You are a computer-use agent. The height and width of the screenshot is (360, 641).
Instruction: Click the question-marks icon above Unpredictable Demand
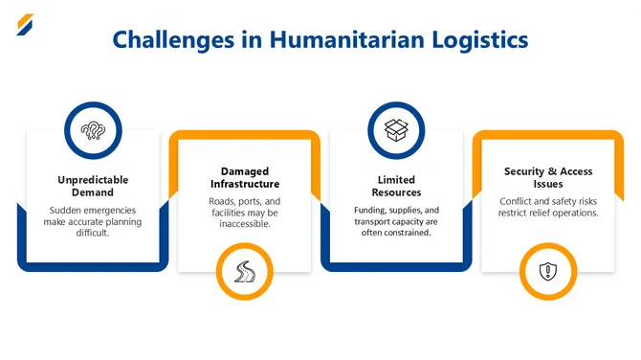[93, 131]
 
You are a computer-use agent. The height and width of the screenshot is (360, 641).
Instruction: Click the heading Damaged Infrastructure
[245, 176]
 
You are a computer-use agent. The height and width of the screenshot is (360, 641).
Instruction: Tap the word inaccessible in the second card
[245, 226]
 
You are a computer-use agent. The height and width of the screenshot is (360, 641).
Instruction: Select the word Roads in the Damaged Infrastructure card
[224, 201]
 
